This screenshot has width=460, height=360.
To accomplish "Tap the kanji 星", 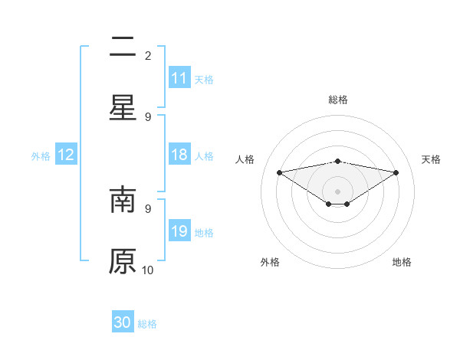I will pos(123,107).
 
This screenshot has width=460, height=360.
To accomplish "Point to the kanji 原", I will pos(123,260).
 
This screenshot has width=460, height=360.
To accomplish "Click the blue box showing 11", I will pos(179,78).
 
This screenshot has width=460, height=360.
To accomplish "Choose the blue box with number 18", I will pos(179,155).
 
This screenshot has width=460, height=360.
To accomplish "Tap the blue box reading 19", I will pos(179,231).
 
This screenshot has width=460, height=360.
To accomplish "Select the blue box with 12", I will pos(66,155).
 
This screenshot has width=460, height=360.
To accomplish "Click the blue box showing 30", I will pos(123,322).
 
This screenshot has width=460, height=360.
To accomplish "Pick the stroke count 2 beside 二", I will pos(148,55).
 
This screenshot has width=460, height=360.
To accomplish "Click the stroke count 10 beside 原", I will pos(148,270).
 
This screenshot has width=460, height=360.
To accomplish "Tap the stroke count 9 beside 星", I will pos(148,116).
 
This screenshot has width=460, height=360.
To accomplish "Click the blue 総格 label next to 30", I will pos(147,324).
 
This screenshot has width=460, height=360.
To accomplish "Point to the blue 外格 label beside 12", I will pos(41,156).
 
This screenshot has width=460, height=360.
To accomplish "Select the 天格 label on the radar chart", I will pos(431,159).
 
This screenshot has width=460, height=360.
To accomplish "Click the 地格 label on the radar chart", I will pos(402,262).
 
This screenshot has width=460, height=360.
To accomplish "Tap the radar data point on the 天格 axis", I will pos(396,172).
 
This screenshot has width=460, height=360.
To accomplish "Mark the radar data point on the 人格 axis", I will pos(279,172).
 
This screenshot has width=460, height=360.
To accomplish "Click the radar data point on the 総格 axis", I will pos(337,161).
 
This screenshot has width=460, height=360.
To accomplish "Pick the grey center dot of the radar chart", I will pos(337,191).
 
